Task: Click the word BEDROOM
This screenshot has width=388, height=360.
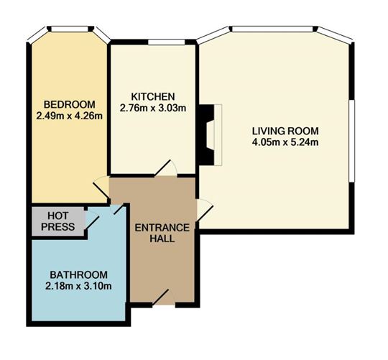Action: (70, 104)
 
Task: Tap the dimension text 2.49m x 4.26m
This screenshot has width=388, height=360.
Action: (70, 116)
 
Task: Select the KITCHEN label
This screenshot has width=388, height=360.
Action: (153, 96)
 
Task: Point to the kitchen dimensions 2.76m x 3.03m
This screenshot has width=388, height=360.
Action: (153, 108)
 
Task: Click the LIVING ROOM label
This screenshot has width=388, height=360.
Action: (285, 131)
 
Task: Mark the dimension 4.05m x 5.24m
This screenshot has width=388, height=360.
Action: (285, 142)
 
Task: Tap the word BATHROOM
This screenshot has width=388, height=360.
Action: (79, 275)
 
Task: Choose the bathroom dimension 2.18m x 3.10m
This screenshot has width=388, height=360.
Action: (79, 286)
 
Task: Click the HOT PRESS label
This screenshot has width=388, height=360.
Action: (58, 221)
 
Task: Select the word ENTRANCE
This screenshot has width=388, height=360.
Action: (162, 228)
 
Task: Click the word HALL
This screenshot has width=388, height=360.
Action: (162, 239)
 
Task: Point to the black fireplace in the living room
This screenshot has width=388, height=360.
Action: (206, 135)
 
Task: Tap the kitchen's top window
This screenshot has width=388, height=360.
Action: (167, 42)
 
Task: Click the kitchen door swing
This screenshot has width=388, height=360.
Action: (165, 168)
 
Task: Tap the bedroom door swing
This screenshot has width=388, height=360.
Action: (101, 187)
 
